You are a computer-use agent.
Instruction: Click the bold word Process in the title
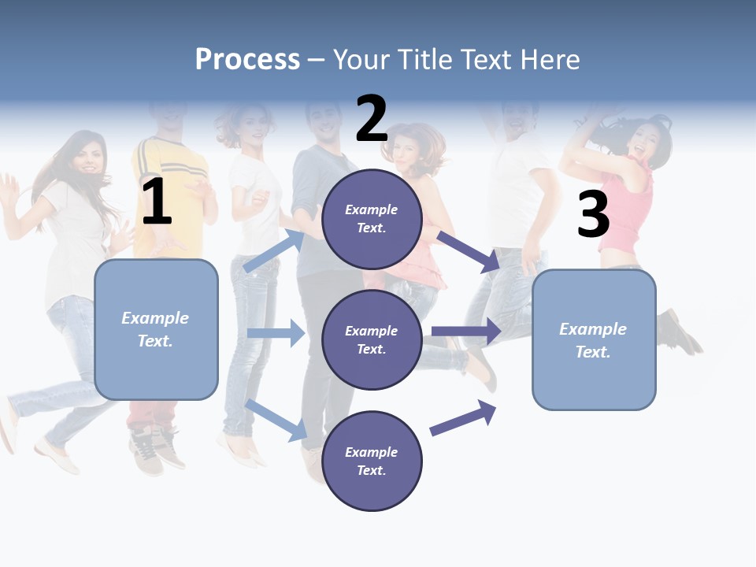(x=247, y=60)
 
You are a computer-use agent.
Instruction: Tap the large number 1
(x=157, y=202)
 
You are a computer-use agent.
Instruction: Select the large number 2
(x=372, y=119)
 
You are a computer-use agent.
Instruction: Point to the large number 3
(x=593, y=215)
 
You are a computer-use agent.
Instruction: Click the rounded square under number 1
(x=156, y=329)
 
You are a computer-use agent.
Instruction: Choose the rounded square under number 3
(x=594, y=340)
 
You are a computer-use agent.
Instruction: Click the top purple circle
(x=372, y=219)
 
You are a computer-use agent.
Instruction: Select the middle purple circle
(x=372, y=340)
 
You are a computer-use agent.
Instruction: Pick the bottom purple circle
(x=372, y=461)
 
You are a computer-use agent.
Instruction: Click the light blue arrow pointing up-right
(x=274, y=251)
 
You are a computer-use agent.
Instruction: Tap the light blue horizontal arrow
(x=275, y=334)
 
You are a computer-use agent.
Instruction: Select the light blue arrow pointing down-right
(x=276, y=420)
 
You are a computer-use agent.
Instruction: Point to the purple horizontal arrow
(x=466, y=332)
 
